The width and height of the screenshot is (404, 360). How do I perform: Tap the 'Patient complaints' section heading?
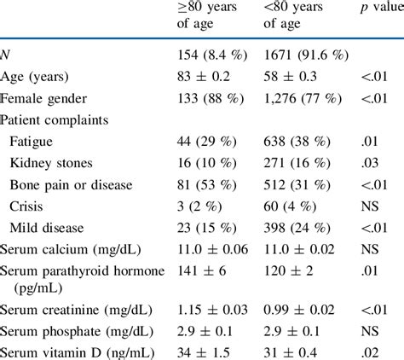click(x=59, y=120)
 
